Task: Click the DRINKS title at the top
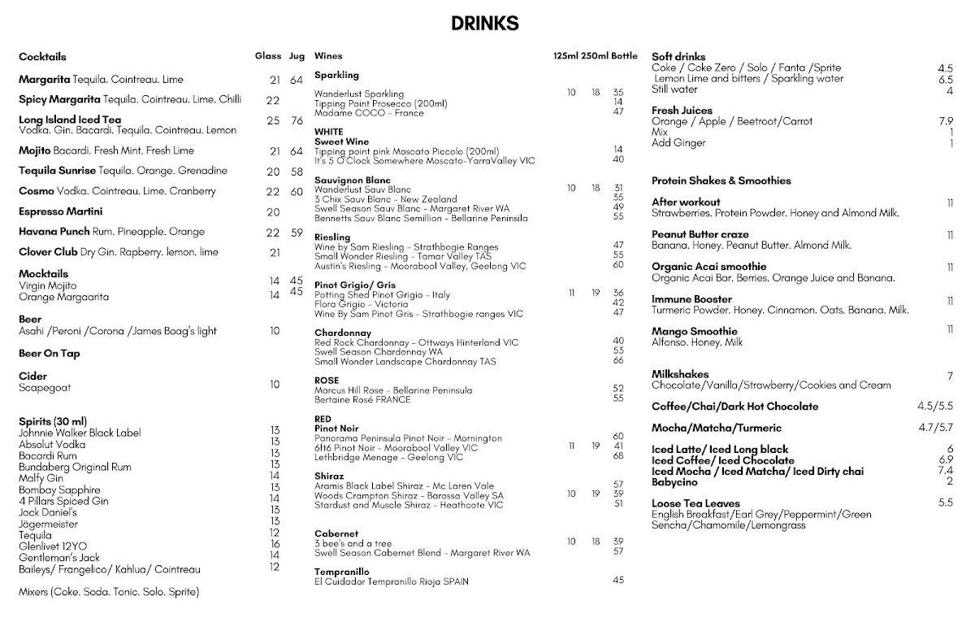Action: tap(485, 23)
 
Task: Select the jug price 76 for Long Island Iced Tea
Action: tap(297, 120)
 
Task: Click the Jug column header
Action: tap(297, 56)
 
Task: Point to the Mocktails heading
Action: tap(43, 274)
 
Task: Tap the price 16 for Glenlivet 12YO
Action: tap(275, 544)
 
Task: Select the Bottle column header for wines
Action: tap(624, 56)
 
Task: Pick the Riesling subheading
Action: tap(332, 237)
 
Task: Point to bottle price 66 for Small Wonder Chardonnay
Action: tap(618, 360)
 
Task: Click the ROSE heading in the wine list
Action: tap(327, 380)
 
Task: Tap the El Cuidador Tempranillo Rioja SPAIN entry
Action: tap(392, 581)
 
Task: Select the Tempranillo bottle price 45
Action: tap(618, 580)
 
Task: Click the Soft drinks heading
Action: tap(678, 57)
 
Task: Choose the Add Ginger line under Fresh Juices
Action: tap(678, 143)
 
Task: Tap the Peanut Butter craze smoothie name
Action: tap(700, 234)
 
